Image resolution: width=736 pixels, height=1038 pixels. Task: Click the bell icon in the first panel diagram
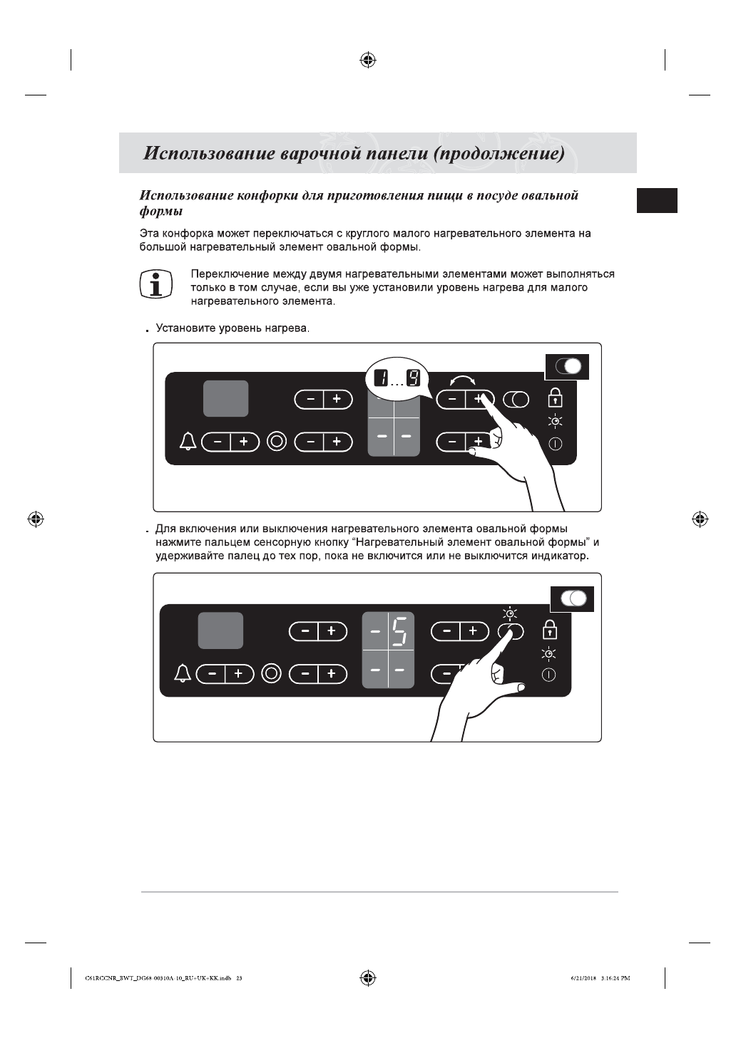click(x=188, y=442)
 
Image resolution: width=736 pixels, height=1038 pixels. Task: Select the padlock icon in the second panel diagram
click(x=550, y=630)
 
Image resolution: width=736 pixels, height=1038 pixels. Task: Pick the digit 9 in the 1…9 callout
click(x=413, y=378)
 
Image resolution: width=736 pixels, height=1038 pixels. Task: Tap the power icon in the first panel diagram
click(x=555, y=444)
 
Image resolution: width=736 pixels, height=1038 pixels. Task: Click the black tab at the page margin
click(x=657, y=200)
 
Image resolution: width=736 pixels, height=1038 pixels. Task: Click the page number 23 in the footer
click(x=239, y=978)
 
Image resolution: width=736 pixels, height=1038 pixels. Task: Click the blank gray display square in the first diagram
click(x=226, y=399)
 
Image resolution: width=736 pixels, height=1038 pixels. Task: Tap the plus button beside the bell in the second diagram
click(x=238, y=673)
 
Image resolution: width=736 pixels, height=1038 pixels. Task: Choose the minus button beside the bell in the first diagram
click(x=217, y=442)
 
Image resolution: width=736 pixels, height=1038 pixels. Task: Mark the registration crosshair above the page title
click(x=368, y=61)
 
